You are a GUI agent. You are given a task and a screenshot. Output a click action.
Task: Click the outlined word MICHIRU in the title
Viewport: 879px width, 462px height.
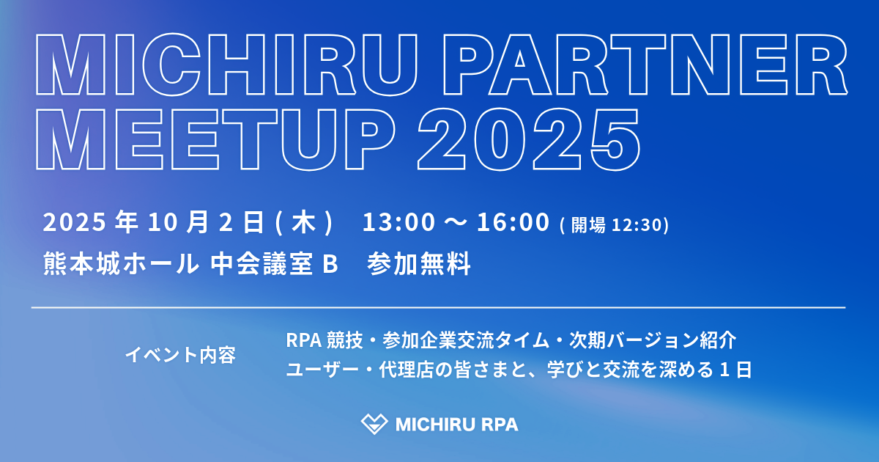pos(226,65)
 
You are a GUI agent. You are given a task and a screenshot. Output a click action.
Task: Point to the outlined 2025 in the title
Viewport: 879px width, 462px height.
pos(529,139)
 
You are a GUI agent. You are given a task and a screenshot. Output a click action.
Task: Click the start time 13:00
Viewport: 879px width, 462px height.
pos(398,222)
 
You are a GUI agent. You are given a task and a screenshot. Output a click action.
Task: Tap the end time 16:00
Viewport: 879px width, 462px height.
pos(513,222)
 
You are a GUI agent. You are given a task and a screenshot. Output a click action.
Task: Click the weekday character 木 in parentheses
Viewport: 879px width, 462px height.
pos(304,222)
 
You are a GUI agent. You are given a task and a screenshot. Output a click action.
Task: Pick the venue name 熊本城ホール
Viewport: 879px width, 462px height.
pos(122,263)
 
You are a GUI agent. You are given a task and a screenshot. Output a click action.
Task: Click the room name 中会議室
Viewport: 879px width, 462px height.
pos(262,263)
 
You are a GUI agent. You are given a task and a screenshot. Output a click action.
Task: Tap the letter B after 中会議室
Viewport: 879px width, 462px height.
pos(330,263)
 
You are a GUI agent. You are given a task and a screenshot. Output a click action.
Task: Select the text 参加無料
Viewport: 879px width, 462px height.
pos(419,263)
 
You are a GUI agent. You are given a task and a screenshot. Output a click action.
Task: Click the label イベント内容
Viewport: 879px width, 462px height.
pos(180,355)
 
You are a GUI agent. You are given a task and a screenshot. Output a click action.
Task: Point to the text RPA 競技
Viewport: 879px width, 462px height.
pos(324,340)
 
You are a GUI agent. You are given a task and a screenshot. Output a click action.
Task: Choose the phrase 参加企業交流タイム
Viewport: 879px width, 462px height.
pos(466,340)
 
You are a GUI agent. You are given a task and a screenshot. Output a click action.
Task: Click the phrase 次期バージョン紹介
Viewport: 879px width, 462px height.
pos(653,340)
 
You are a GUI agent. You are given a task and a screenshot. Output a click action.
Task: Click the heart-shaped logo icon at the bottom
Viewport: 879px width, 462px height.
pos(374,424)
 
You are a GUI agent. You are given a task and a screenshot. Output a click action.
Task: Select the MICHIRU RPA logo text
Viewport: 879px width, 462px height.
pos(457,425)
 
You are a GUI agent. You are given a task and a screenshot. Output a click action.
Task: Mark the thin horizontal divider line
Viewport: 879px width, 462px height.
pos(438,307)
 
